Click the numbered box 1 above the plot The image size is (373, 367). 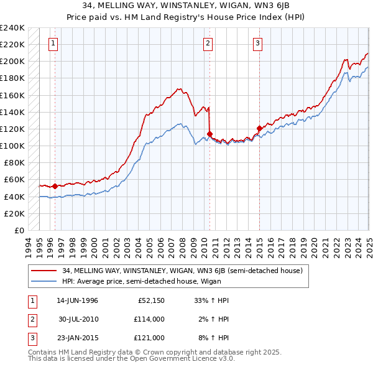click(53, 44)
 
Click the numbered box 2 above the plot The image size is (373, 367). click(207, 44)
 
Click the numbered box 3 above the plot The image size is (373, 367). click(257, 44)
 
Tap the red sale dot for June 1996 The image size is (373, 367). click(55, 186)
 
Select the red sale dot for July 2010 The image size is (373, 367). click(210, 134)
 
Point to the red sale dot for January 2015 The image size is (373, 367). click(259, 128)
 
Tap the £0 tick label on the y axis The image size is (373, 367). click(19, 230)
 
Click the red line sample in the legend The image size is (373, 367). click(44, 271)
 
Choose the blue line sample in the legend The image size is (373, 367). click(44, 281)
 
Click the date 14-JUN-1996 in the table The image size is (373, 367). click(77, 300)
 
